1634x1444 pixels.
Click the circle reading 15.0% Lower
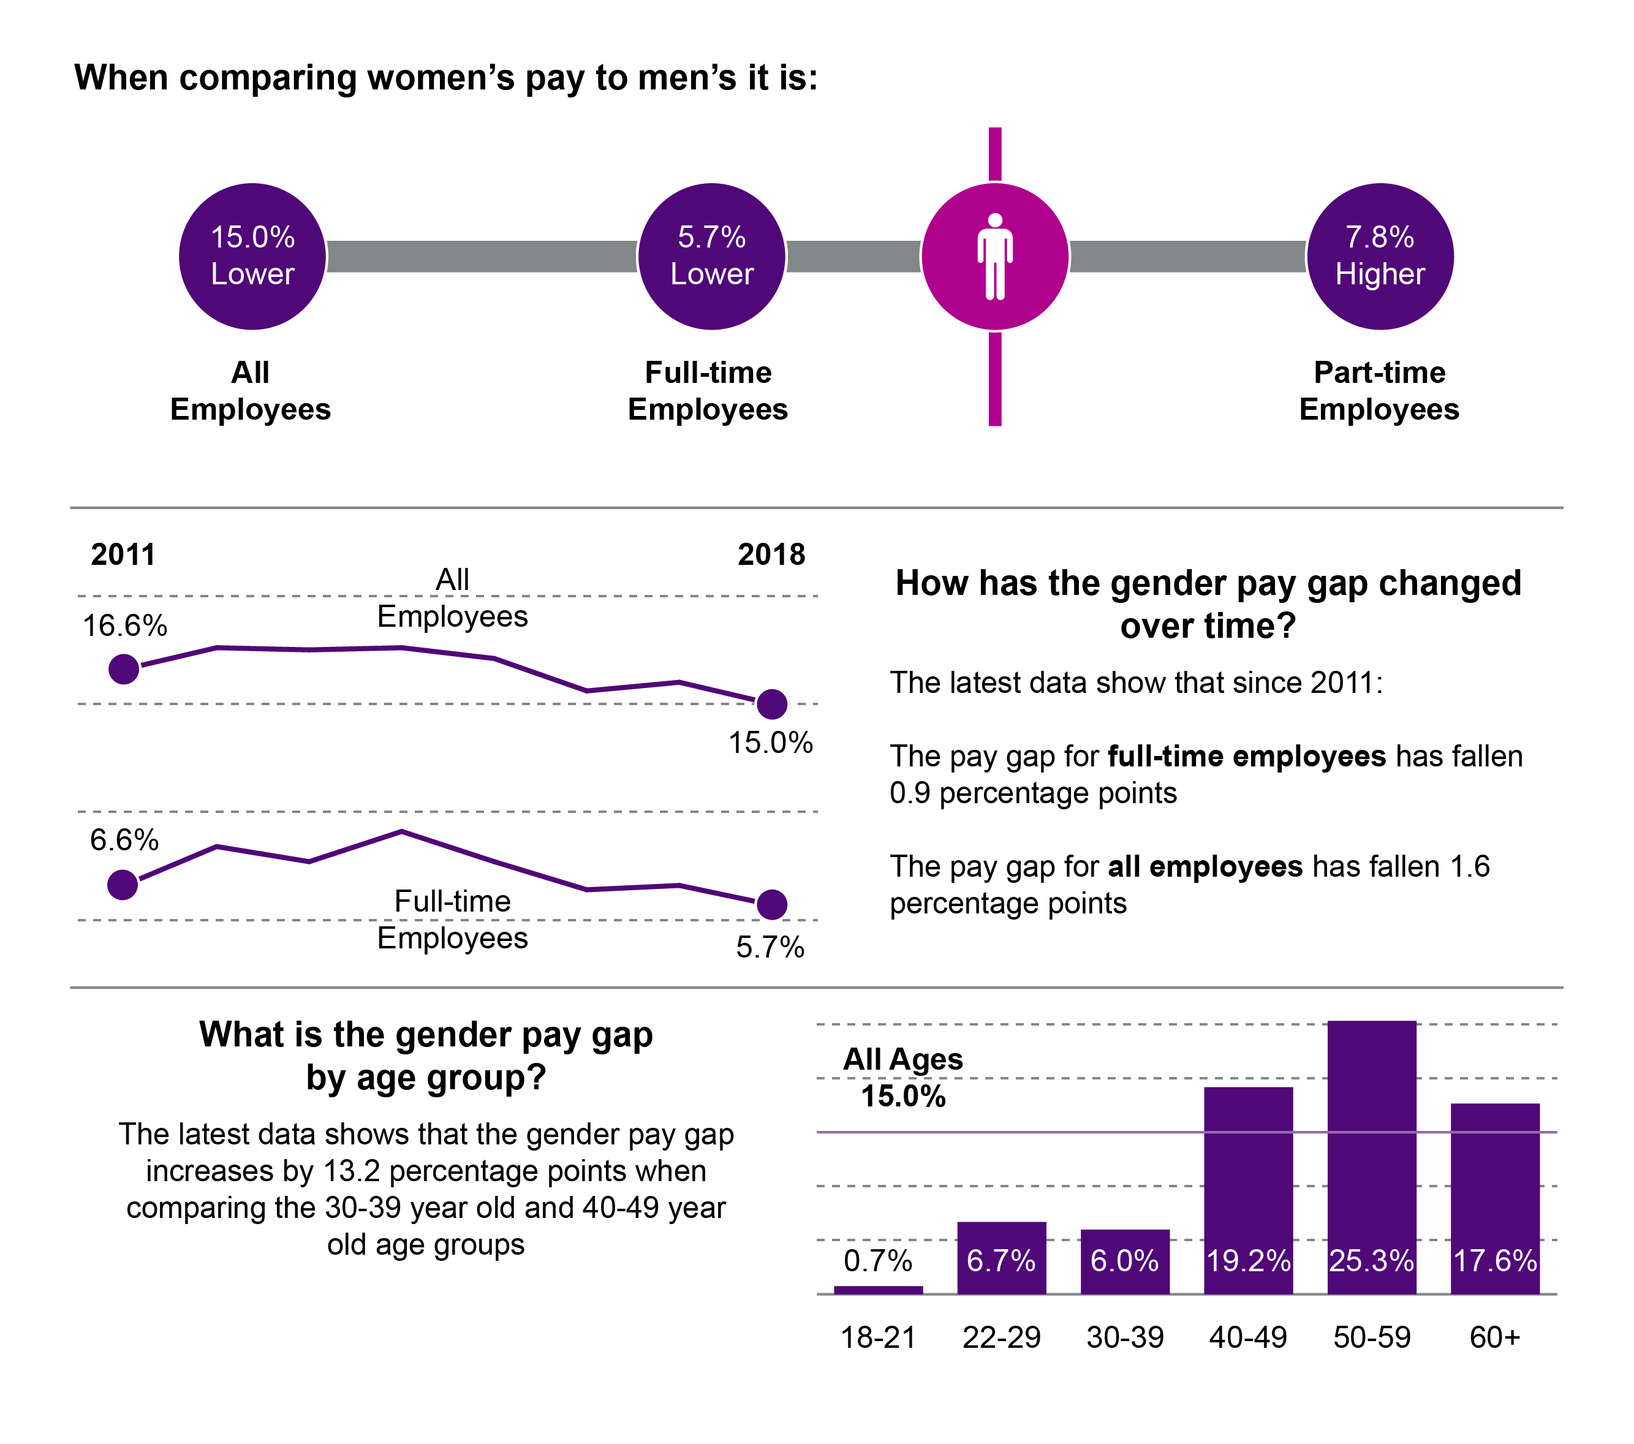pos(252,257)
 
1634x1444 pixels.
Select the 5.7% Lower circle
pos(711,257)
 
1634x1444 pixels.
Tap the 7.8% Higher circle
pos(1380,257)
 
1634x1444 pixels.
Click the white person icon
pos(995,257)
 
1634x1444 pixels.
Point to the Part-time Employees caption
pos(1379,391)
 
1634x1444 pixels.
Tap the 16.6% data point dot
pos(124,668)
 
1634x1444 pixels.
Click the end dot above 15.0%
pos(772,703)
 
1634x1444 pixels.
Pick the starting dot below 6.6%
pos(123,884)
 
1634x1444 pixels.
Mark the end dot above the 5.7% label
pos(772,904)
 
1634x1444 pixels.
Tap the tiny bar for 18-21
pos(878,1290)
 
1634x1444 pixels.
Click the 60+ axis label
pos(1495,1337)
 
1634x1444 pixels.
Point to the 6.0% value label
pos(1125,1261)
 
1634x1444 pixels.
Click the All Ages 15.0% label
pos(903,1078)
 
